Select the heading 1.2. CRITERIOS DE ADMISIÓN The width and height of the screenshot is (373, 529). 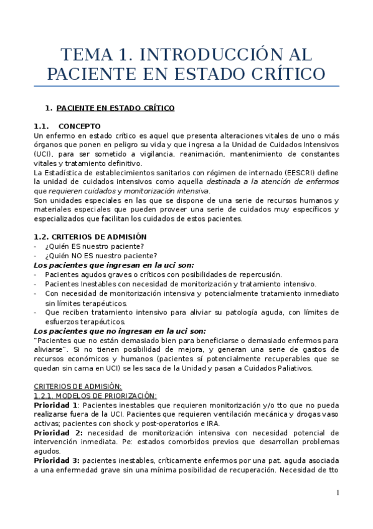pos(90,237)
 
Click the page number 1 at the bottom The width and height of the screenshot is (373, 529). pos(338,493)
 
